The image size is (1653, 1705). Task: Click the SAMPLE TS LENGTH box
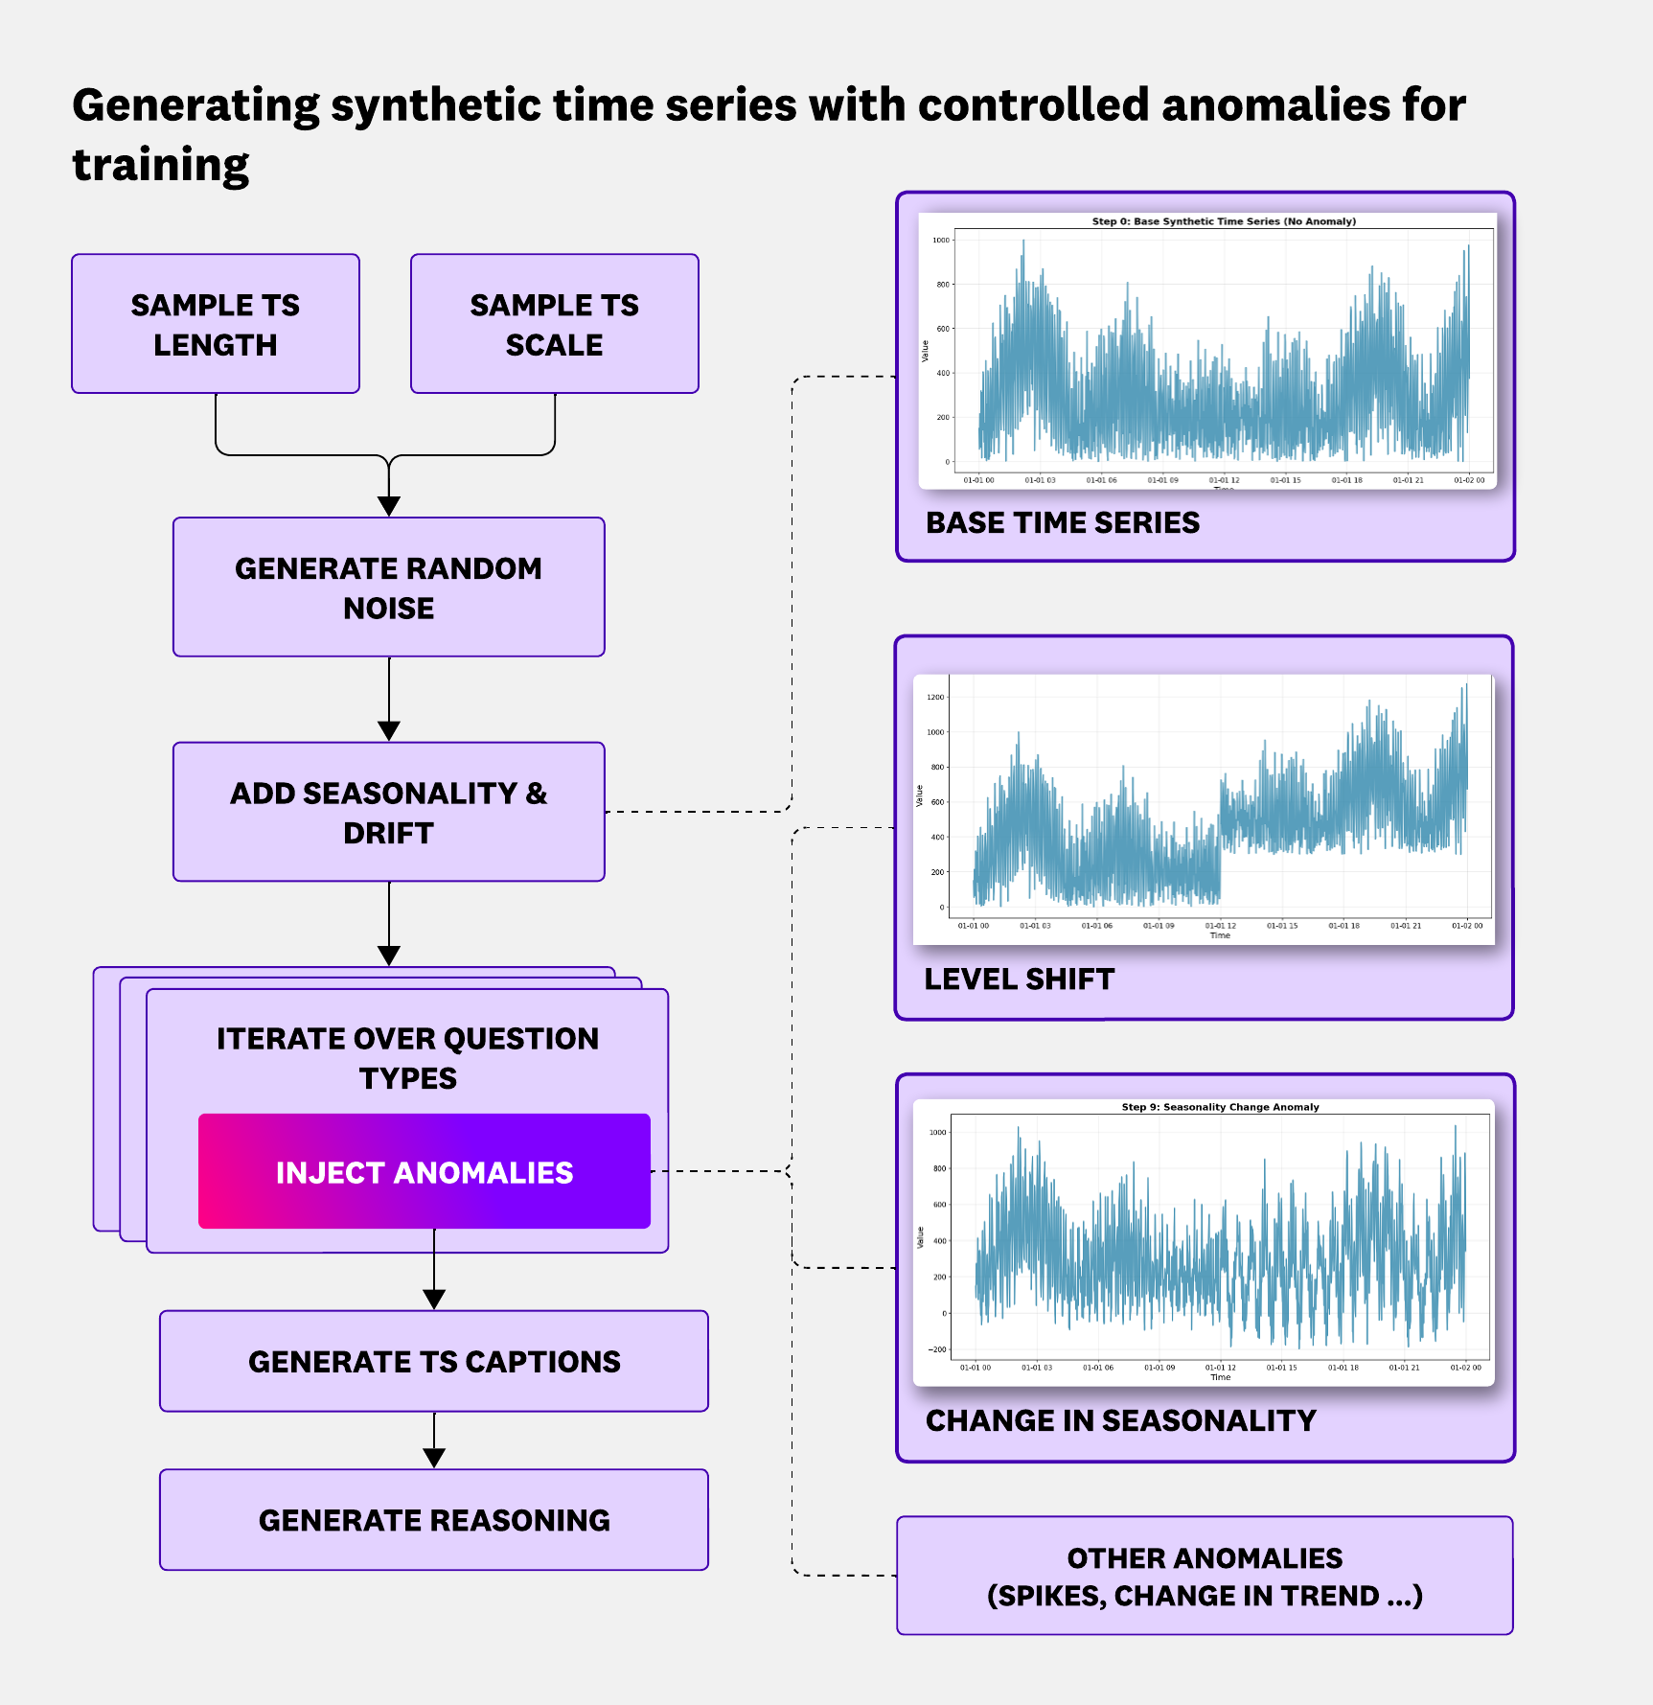[216, 324]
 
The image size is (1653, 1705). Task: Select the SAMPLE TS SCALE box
[554, 324]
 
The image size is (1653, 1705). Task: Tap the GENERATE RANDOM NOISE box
[388, 588]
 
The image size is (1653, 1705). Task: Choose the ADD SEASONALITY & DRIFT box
[388, 812]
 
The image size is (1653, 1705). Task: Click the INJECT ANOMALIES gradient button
[424, 1171]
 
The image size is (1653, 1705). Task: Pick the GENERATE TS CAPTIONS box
[434, 1361]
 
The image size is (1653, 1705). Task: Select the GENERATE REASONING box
[434, 1520]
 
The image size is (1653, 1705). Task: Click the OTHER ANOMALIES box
[1205, 1576]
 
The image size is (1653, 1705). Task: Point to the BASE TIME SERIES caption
[1063, 522]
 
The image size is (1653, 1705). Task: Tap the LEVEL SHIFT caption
[1020, 979]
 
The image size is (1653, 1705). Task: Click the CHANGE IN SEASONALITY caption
[1121, 1420]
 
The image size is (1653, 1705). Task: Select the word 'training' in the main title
[161, 165]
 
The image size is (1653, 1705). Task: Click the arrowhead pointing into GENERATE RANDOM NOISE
[389, 506]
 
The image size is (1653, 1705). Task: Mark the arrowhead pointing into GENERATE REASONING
[434, 1458]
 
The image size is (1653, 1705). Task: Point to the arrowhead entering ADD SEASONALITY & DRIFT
[389, 730]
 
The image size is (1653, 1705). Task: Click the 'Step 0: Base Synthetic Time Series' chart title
[1224, 221]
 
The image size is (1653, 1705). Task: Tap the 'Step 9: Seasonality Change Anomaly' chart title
[1220, 1107]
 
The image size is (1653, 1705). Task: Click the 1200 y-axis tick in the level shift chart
[935, 697]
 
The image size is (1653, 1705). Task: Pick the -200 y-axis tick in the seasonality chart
[936, 1349]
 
